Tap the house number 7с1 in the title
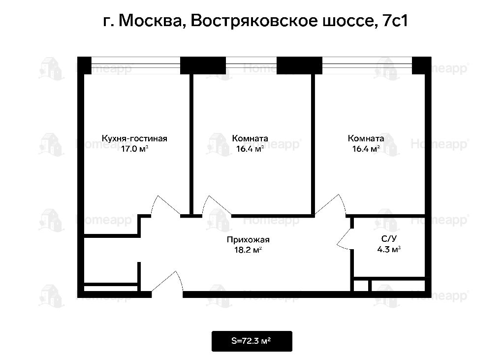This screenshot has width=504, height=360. pos(395,21)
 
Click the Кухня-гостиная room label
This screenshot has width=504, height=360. pos(134,138)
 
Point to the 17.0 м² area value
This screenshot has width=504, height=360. pos(134,149)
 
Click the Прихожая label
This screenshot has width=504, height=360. pos(248,240)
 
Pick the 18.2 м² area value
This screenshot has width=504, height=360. pos(248,250)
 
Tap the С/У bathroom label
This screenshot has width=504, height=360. pos(389,239)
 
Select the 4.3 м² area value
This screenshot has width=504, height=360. pos(389,249)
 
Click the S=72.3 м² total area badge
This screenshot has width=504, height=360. pos(252,341)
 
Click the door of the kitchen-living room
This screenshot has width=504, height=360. pos(165,206)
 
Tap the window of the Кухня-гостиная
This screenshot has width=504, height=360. pos(136,65)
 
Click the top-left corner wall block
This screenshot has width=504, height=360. pos(85,65)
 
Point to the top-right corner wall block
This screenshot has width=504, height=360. pos(421,65)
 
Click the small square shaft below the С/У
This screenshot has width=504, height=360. pos(361,285)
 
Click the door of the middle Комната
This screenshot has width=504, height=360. pos(217,206)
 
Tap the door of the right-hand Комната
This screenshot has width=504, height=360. pos(330,205)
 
